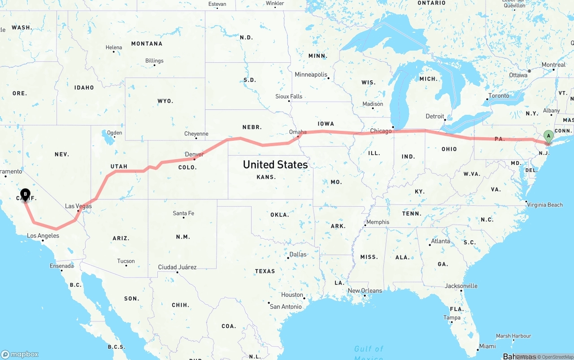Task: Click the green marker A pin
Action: (548, 136)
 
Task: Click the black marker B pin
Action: (25, 195)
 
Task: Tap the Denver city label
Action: (194, 154)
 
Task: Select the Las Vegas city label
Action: (78, 206)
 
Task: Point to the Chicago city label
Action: (381, 131)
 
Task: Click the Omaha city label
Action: (298, 132)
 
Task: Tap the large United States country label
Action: (275, 165)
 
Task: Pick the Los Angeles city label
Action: (43, 236)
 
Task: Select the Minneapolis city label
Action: (311, 74)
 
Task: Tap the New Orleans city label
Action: (365, 291)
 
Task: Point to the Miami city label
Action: (487, 346)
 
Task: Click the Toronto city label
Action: (499, 95)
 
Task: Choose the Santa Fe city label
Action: (183, 213)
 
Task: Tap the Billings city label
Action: (154, 61)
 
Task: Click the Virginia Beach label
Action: (545, 205)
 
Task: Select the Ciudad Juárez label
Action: (177, 267)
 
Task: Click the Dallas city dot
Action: (288, 258)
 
